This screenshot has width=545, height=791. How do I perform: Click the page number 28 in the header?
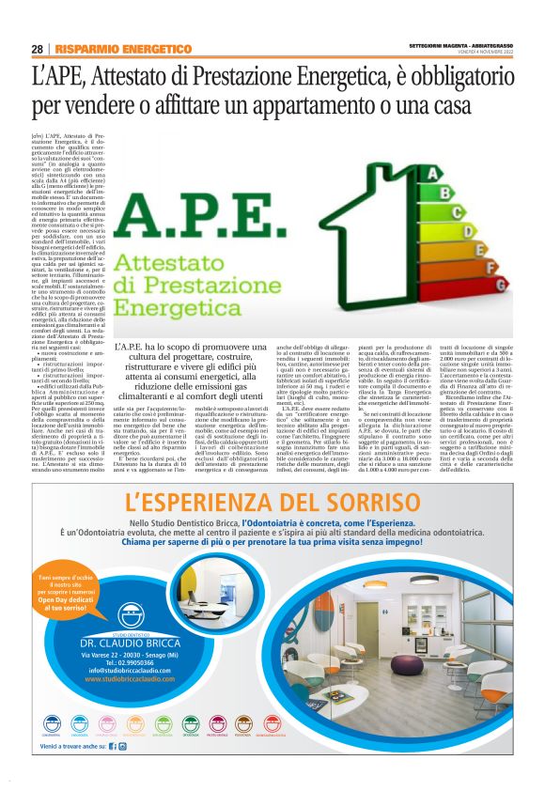pos(37,49)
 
